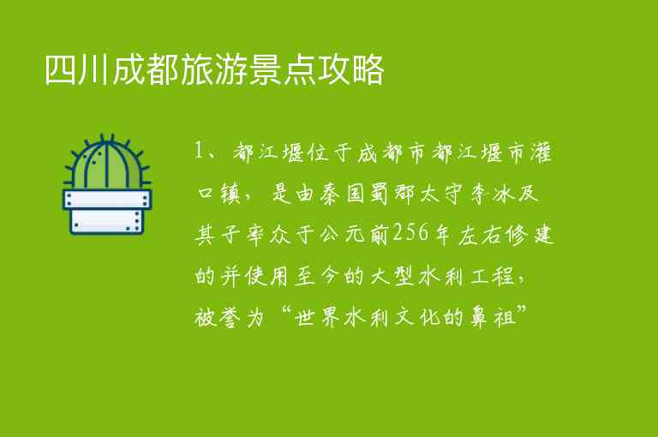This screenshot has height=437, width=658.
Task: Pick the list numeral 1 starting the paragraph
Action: tap(200, 154)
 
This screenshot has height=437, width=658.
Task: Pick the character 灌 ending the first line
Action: tap(541, 154)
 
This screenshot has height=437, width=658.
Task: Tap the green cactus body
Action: tap(107, 165)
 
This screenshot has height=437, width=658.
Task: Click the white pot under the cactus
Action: tap(107, 211)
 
